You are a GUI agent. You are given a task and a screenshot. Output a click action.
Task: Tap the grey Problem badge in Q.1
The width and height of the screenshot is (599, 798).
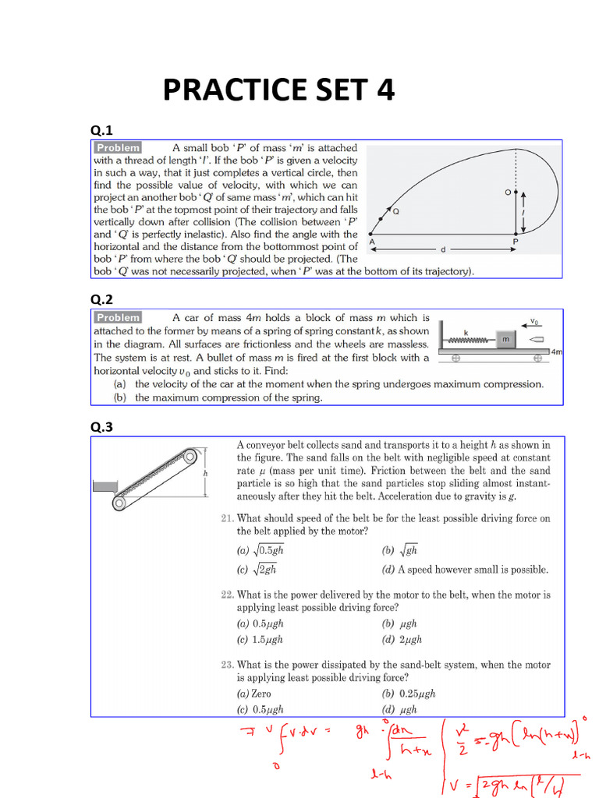pyautogui.click(x=118, y=147)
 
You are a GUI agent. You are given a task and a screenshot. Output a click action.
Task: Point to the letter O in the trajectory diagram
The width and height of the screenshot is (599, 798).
pyautogui.click(x=508, y=191)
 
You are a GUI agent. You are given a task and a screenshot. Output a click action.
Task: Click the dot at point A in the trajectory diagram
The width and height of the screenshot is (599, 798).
pyautogui.click(x=371, y=235)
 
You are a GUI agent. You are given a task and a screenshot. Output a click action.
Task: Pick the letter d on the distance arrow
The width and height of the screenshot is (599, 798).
pyautogui.click(x=443, y=249)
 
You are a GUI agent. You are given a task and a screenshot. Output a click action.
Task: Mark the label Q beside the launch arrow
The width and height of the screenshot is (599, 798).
pyautogui.click(x=395, y=211)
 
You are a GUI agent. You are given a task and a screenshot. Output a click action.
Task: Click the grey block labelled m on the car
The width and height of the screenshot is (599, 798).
pyautogui.click(x=505, y=339)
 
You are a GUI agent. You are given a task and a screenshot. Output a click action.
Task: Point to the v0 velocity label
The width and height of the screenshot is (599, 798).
pyautogui.click(x=533, y=321)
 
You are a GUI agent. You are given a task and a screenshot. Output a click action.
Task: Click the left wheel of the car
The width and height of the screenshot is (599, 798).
pyautogui.click(x=455, y=358)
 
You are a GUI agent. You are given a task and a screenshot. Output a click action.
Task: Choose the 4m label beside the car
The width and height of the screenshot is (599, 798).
pyautogui.click(x=555, y=352)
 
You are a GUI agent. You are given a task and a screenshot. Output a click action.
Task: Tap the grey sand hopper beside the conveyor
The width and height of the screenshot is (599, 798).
pyautogui.click(x=104, y=486)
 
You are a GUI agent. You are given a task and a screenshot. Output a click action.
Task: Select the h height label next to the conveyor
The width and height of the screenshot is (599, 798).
pyautogui.click(x=205, y=473)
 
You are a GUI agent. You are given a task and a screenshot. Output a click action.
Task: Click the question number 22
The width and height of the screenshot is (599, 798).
pyautogui.click(x=227, y=595)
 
